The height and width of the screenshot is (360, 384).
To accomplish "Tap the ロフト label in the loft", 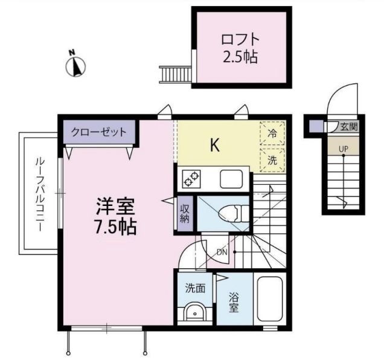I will coord(240,40).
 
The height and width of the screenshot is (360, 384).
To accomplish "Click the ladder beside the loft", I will coord(174,74).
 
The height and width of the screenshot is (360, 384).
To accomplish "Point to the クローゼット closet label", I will coord(99,132).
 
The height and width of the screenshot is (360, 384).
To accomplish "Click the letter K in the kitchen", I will coord(214,145).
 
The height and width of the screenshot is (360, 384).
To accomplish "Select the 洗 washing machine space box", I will coord(272,160).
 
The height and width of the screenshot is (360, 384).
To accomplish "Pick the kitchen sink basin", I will coord(231,179).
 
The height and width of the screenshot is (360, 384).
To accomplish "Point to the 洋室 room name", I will coord(115,207).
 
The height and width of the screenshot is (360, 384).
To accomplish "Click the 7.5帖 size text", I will coord(115,227).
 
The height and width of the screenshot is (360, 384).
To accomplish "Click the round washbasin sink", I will coord(194,313).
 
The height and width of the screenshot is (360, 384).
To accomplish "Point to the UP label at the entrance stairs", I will coord(343,148).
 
